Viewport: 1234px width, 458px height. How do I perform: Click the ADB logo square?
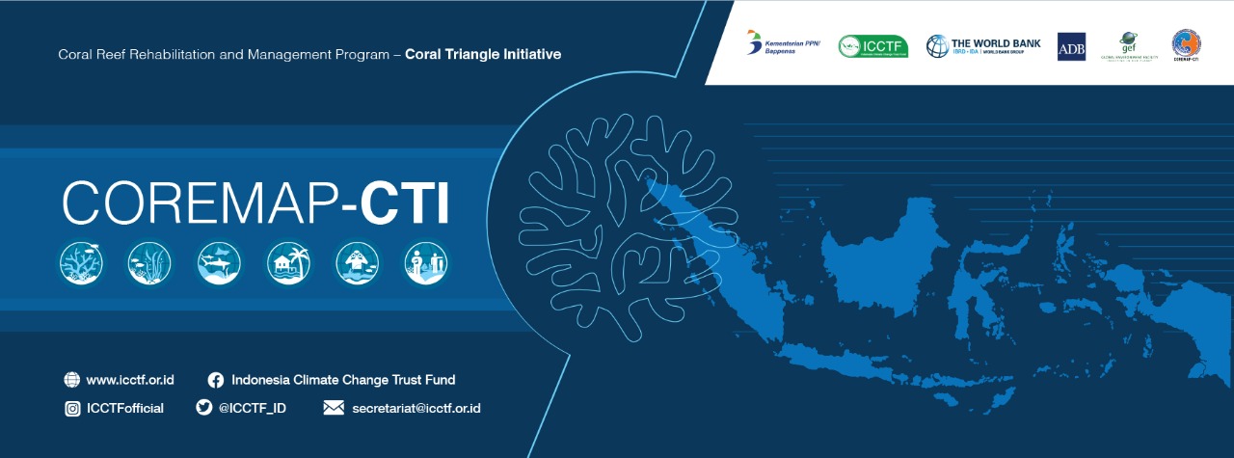coord(1071,46)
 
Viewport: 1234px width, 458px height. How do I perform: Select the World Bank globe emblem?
coord(938,46)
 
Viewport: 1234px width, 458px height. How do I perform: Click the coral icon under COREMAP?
coord(81,262)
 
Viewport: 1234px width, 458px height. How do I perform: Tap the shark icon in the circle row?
coord(219,262)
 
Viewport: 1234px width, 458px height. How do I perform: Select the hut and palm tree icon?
coord(288,262)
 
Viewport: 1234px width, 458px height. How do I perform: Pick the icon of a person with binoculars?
coord(357,262)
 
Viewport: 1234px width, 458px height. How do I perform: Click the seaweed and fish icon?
coord(149,262)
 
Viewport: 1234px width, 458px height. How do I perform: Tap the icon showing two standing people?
coord(426,262)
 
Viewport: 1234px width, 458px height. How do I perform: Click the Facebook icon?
coord(216,380)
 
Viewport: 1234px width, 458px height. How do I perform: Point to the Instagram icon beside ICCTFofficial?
coord(72,408)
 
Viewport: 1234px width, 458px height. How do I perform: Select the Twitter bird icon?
coord(203,408)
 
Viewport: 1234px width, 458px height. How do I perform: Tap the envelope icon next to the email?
coord(334,408)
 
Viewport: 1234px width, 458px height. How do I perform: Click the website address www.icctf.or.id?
coord(130,380)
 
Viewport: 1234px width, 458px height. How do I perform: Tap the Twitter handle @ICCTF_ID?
coord(252,408)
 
